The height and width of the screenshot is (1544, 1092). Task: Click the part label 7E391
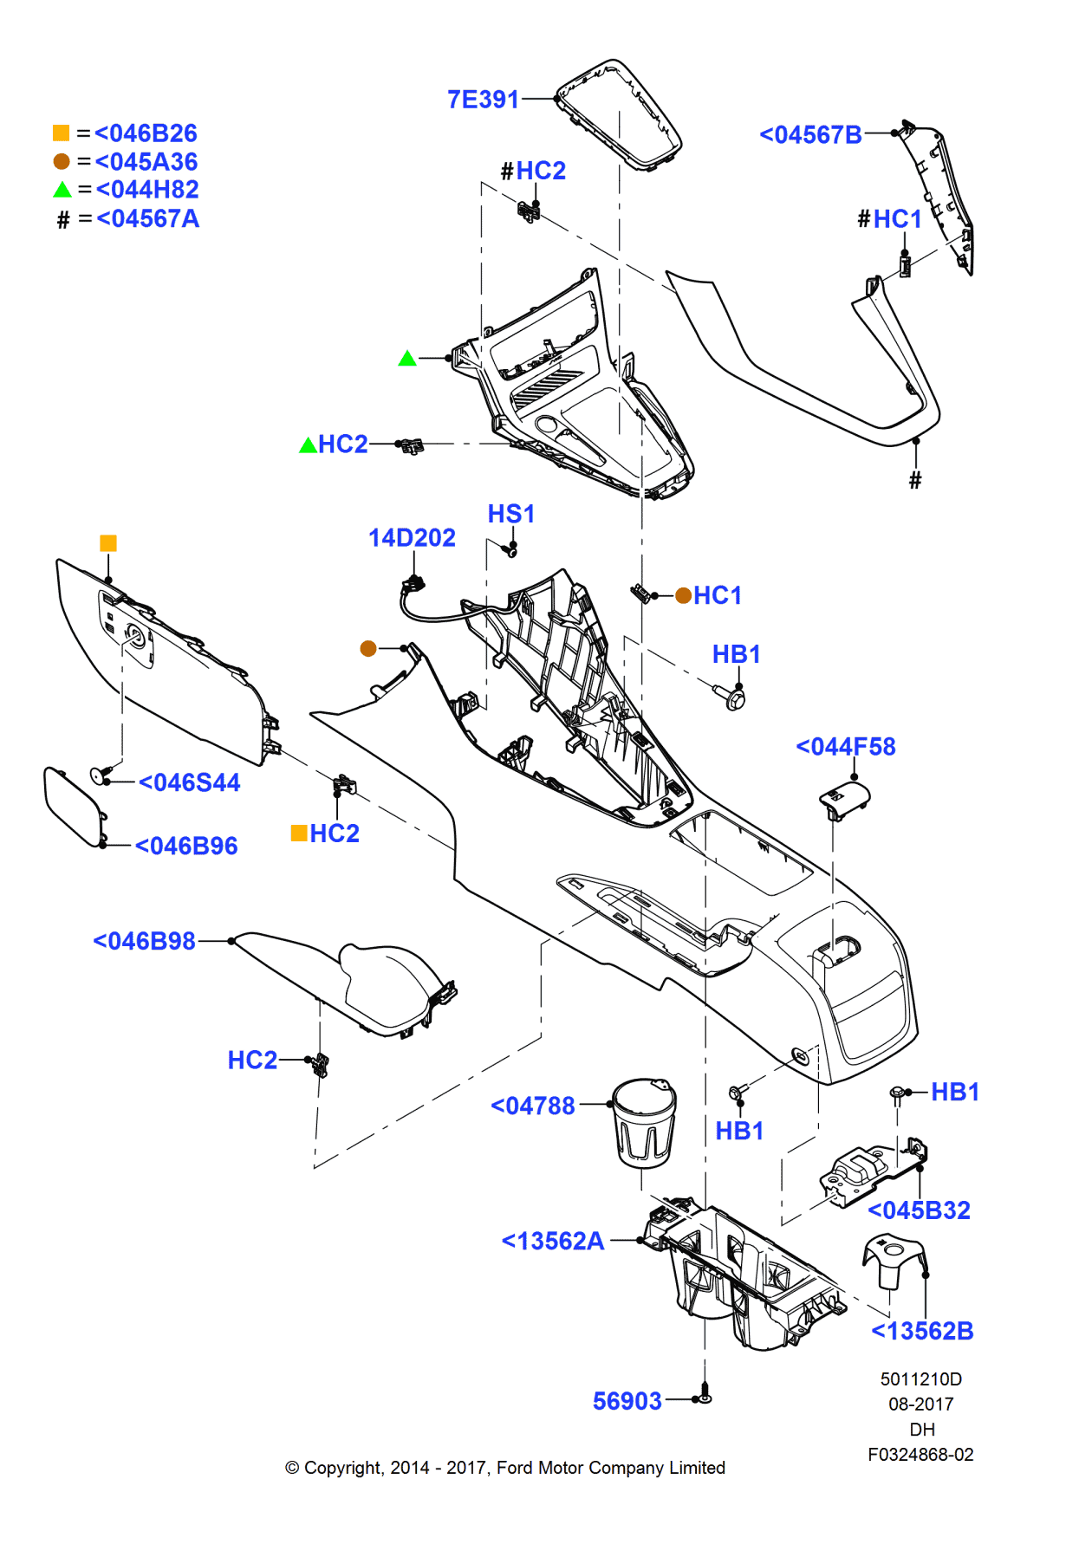coord(483,100)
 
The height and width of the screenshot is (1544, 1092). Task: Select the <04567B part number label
coord(810,135)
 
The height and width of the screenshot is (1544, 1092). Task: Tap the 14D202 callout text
coord(412,538)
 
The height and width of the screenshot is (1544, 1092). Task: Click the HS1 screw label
coord(510,514)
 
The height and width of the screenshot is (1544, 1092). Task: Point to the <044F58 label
coord(845,747)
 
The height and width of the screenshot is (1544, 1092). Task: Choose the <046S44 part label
coord(189,783)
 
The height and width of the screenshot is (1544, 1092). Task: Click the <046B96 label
coord(186,847)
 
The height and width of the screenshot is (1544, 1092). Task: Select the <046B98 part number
coord(144,941)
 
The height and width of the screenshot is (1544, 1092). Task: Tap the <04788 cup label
coord(532,1106)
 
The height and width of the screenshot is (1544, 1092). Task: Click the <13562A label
coord(552,1242)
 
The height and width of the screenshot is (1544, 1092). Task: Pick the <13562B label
coord(922,1332)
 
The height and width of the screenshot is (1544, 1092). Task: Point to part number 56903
coord(627,1402)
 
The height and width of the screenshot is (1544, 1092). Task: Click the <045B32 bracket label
coord(919,1210)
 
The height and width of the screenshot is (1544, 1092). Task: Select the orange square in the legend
coord(62,133)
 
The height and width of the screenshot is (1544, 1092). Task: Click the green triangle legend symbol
coord(62,190)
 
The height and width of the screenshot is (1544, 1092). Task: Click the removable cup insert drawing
coord(643,1123)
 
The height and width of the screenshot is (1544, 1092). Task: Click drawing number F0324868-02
coord(920,1455)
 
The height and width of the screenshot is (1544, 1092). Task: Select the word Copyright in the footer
coord(343,1468)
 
